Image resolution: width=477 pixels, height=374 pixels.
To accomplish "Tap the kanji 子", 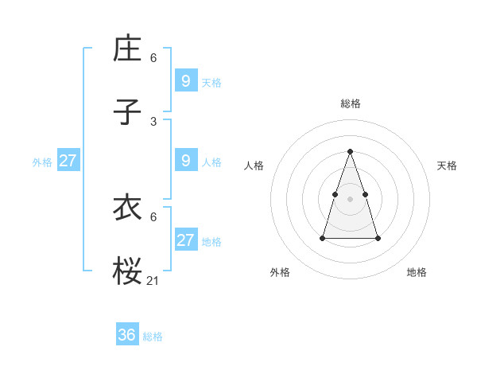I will pos(127,112).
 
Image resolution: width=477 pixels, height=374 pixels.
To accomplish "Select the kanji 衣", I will pos(127,208).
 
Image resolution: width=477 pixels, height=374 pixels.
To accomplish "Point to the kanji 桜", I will pos(127,271).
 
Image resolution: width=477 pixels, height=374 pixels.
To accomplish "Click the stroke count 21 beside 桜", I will pos(153,281).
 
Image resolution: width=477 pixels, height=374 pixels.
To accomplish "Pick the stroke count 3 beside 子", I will pos(153,122).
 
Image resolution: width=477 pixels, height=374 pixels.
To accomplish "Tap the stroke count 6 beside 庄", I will pos(153,58).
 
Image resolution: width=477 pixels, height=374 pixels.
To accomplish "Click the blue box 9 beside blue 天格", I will pos(186,80).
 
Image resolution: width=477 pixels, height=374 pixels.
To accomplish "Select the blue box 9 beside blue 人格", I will pos(186,160).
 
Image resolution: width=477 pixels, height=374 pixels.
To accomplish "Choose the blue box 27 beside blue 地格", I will pos(186,240).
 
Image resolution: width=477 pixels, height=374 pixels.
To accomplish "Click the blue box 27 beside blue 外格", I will pos(68,160).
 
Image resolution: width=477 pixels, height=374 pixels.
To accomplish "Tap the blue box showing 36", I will pos(127,335).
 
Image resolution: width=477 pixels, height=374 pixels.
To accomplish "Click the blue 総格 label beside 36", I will pos(153,337).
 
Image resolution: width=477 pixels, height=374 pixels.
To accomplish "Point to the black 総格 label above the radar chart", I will pos(351,103).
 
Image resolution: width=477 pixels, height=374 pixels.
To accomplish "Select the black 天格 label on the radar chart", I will pos(448,166).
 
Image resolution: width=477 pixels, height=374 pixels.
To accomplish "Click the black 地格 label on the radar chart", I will pos(417,272).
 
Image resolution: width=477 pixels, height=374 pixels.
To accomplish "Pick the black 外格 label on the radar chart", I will pos(280,272).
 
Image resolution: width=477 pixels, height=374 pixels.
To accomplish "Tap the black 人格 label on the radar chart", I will pos(254,166).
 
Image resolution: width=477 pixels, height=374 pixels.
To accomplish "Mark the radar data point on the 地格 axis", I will pos(378,238).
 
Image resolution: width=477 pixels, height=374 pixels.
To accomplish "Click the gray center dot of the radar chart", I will pos(351,198).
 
